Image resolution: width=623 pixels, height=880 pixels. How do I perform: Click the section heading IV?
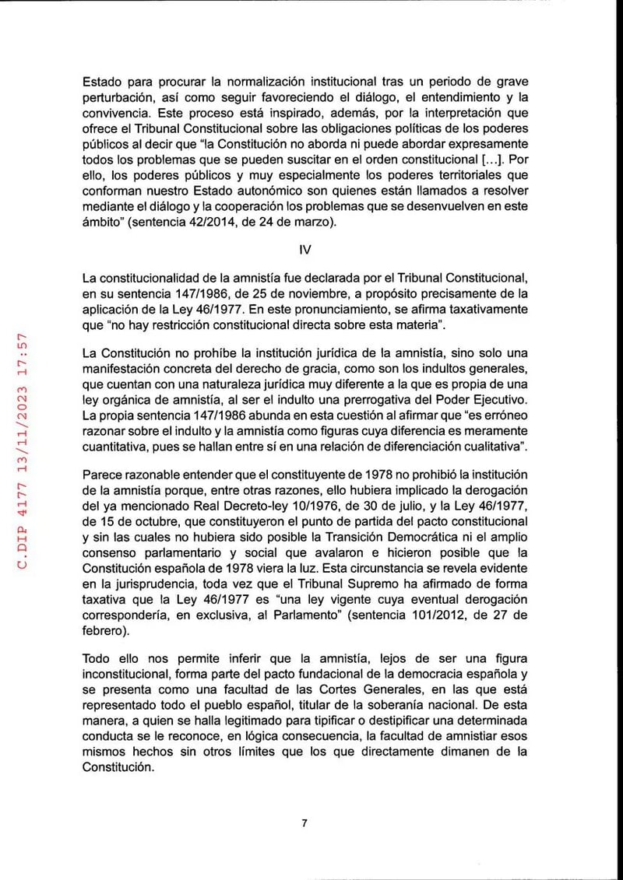pyautogui.click(x=304, y=251)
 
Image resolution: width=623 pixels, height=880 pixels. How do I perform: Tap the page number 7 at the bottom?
pyautogui.click(x=304, y=825)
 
